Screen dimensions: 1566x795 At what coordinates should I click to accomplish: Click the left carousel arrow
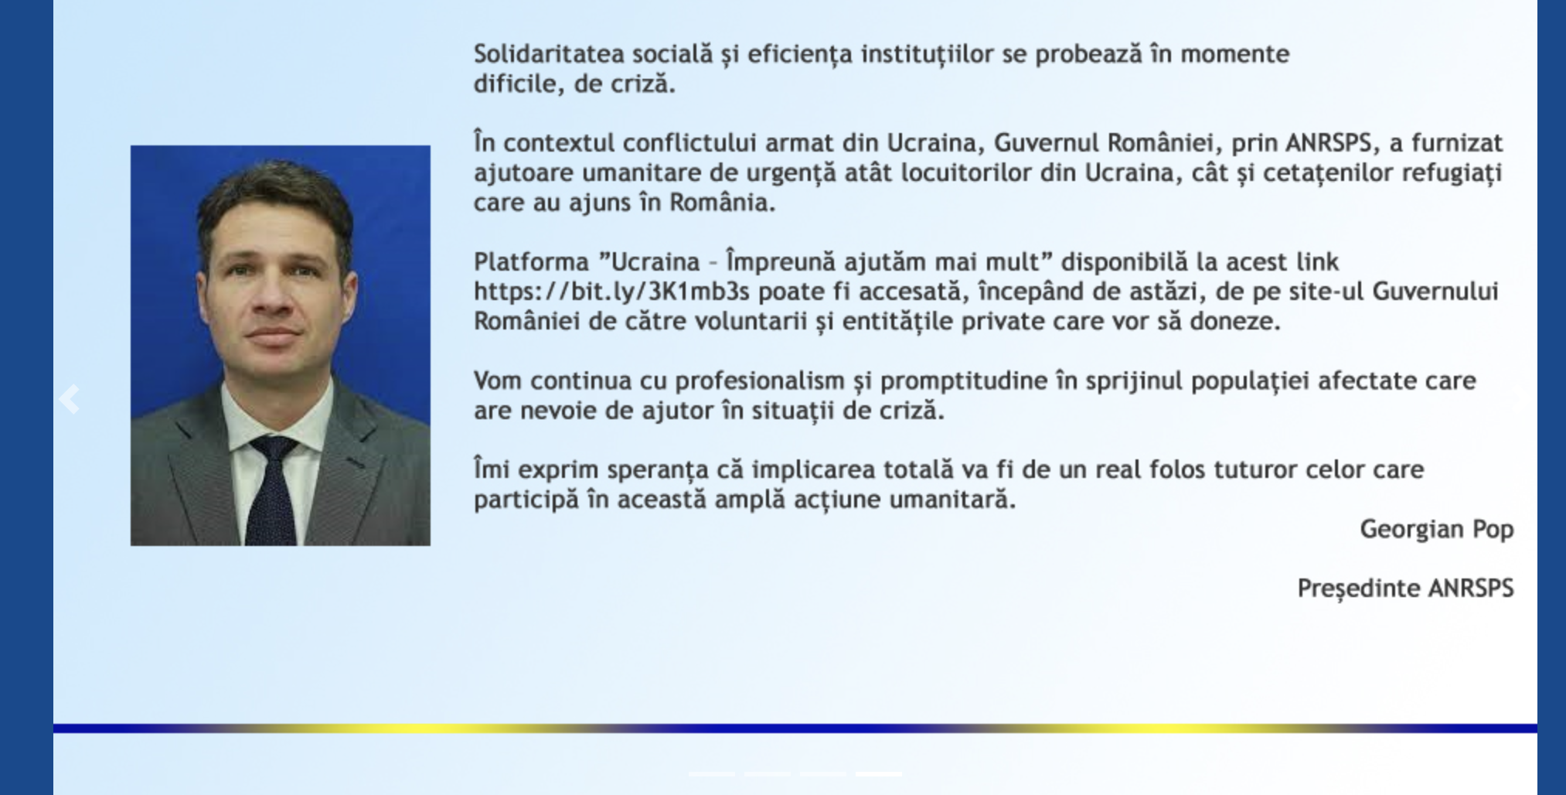[x=70, y=399]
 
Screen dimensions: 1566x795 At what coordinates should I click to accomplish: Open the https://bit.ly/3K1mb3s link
[x=611, y=292]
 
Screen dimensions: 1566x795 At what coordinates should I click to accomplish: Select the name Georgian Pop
[x=1436, y=530]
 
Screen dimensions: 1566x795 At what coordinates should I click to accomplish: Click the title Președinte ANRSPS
[x=1405, y=589]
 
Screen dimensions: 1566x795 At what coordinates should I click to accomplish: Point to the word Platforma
[x=531, y=262]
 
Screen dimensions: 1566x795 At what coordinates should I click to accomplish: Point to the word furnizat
[x=1457, y=143]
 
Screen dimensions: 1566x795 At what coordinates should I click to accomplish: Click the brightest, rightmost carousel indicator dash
[x=878, y=773]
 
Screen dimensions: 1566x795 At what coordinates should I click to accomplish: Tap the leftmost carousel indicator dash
[x=711, y=773]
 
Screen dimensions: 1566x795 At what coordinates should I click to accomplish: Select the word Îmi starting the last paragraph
[x=492, y=470]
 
